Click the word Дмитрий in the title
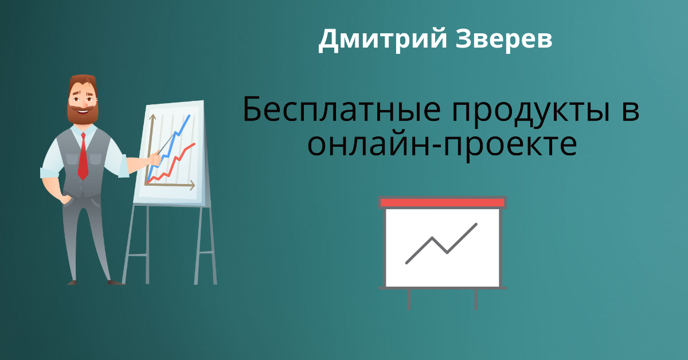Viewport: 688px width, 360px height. pos(382,40)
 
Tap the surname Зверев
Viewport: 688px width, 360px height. pos(504,39)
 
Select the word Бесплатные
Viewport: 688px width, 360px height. pos(342,109)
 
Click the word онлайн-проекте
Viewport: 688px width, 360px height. pos(442,145)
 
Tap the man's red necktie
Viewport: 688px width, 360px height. pos(83,156)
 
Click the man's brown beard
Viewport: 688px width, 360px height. pos(83,114)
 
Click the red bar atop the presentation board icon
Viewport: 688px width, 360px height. pos(442,202)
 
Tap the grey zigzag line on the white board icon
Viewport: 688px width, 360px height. pos(441,244)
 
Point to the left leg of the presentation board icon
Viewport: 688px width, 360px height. pos(409,299)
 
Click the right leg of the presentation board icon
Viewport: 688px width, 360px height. pos(476,299)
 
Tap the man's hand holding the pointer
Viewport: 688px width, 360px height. pos(155,159)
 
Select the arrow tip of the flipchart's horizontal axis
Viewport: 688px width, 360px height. pos(193,185)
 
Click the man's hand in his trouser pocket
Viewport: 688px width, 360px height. pos(66,199)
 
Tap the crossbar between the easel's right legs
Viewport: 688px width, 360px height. pos(206,253)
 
